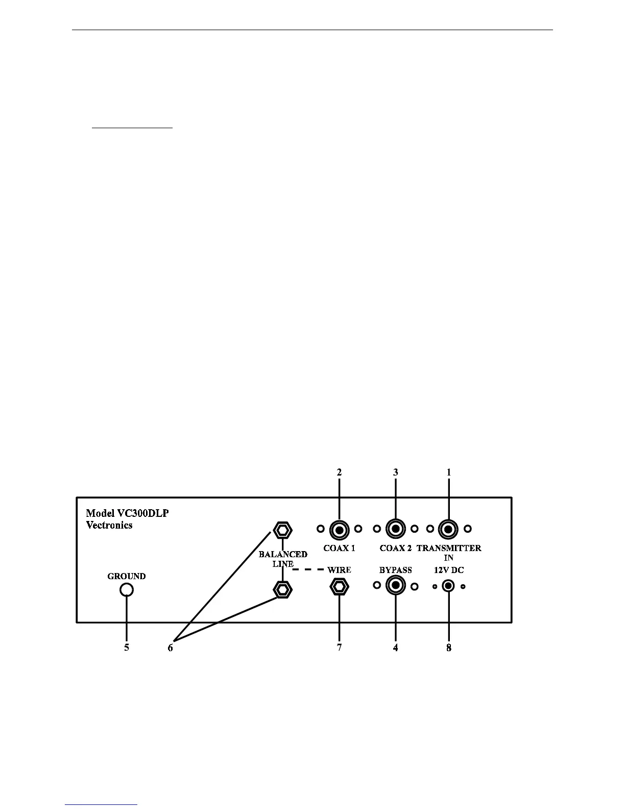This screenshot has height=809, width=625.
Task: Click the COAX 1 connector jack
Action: [339, 530]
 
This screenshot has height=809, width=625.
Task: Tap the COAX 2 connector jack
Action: [395, 530]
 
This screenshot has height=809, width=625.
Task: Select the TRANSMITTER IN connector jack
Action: [448, 530]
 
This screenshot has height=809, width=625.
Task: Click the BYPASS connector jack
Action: [395, 586]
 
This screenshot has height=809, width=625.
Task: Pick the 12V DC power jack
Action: [448, 586]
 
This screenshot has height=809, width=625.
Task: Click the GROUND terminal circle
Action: [127, 590]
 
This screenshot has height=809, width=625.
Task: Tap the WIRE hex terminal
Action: [339, 587]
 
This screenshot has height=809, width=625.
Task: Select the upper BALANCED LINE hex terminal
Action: [283, 530]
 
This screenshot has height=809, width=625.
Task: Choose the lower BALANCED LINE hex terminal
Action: [283, 589]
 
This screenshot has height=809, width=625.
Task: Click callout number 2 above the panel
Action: [339, 472]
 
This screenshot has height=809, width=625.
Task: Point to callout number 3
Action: [395, 472]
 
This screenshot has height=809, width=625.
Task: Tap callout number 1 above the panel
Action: [449, 472]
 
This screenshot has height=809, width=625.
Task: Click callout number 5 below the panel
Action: [127, 648]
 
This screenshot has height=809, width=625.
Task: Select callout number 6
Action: [171, 648]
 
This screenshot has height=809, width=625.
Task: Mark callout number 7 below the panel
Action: [339, 648]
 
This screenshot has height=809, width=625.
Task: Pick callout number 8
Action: [449, 648]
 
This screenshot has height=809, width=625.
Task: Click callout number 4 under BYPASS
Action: [395, 648]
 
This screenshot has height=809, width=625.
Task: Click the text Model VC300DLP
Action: [127, 513]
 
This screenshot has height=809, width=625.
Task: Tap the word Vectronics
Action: [109, 525]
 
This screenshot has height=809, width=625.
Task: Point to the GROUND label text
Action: [127, 576]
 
